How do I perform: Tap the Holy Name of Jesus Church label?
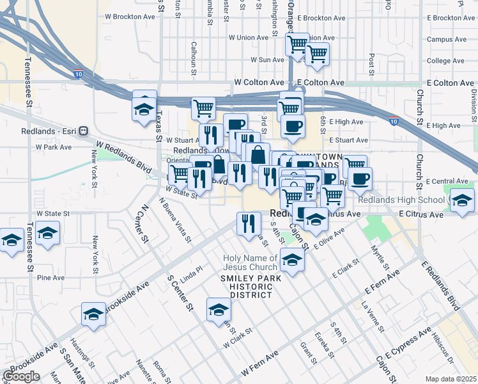point(251,262)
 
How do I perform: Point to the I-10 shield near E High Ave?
point(394,121)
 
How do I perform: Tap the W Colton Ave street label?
point(259,83)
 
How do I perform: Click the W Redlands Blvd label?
point(122,154)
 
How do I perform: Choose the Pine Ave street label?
point(50,278)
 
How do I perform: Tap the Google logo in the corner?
point(21,376)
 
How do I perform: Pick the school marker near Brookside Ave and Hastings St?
point(93,314)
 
